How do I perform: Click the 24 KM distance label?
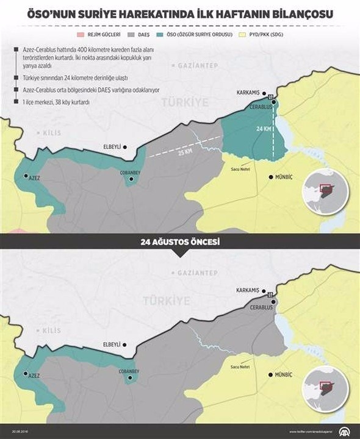pyautogui.click(x=264, y=130)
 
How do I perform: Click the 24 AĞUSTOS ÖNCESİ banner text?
pyautogui.click(x=179, y=242)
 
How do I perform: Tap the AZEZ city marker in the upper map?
pyautogui.click(x=26, y=176)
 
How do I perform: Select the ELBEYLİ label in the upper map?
pyautogui.click(x=111, y=146)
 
